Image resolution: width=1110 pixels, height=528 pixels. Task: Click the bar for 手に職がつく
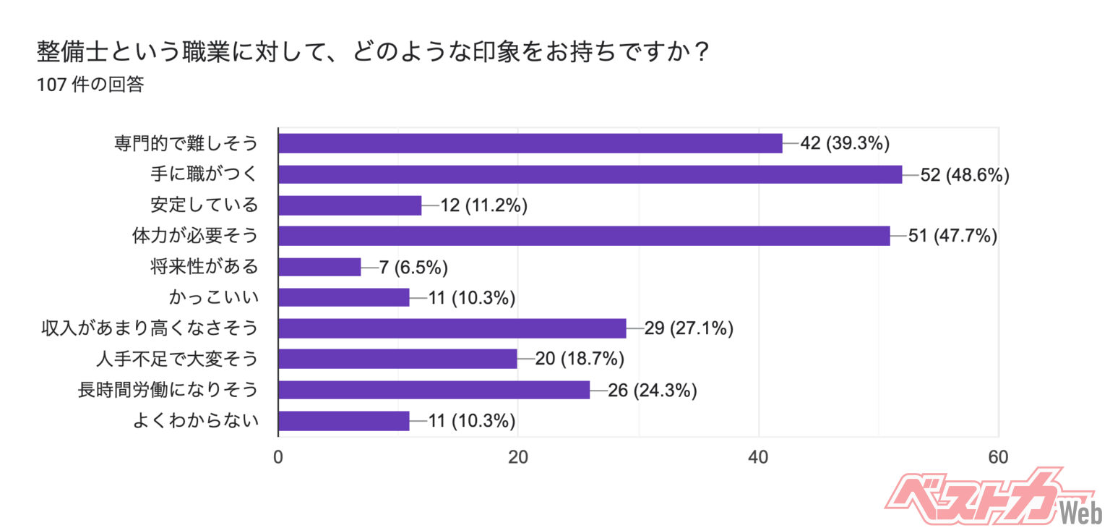590,174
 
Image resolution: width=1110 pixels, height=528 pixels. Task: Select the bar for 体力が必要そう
584,236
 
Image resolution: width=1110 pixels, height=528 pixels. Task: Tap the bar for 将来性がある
319,267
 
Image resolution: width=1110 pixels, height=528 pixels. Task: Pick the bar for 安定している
350,205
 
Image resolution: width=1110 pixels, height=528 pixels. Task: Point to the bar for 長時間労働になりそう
434,390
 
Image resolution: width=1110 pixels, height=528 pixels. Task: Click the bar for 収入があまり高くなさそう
452,328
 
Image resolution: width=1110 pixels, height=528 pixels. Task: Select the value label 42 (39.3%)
844,144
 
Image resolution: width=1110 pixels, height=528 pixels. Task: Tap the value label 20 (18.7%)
579,359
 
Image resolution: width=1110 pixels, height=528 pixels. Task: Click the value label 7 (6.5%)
414,267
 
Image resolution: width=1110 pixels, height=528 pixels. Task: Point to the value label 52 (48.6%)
964,174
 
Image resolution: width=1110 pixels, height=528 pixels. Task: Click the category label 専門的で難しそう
186,144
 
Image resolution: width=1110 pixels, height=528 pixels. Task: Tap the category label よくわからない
195,421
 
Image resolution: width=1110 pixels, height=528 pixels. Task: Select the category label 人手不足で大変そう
177,359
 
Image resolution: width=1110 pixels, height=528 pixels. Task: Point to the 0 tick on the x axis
278,457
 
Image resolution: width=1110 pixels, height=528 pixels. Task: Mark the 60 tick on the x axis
998,457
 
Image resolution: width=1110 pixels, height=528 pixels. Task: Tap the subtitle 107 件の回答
90,85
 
